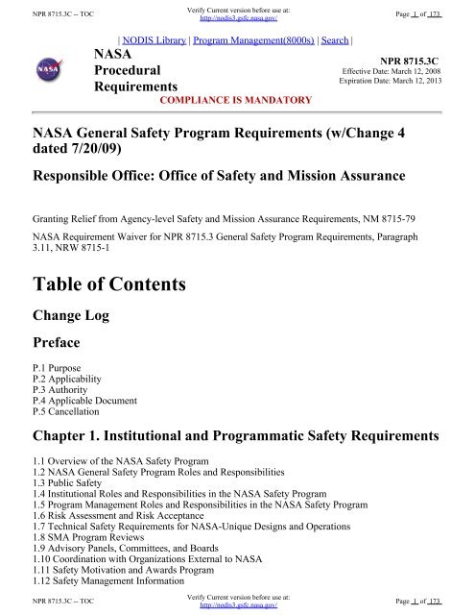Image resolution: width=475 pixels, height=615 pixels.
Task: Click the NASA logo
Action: coord(43,72)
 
